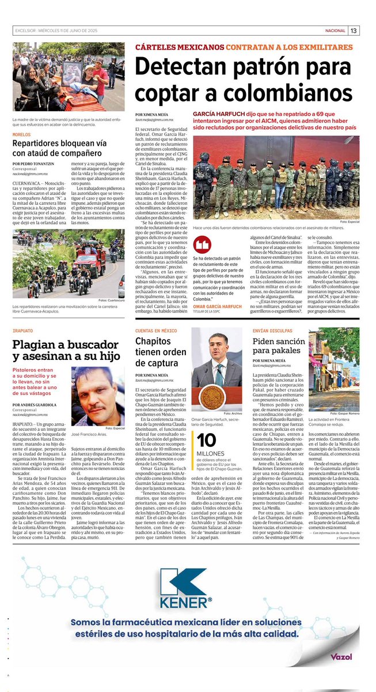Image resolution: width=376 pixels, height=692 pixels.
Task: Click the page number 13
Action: point(354,31)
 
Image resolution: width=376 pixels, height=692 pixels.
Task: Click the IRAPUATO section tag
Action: point(24,330)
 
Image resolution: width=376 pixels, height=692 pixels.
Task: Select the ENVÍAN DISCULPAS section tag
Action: point(273,330)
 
